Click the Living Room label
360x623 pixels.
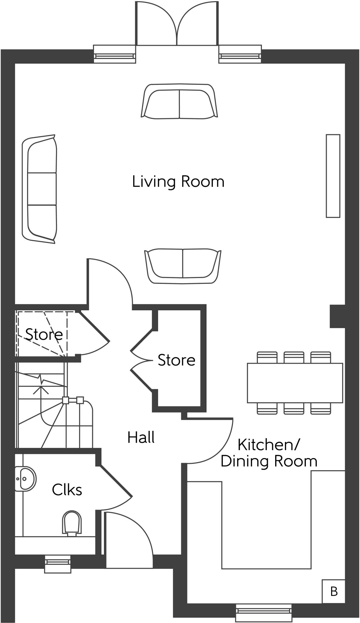(x=178, y=182)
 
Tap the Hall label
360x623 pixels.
(x=141, y=437)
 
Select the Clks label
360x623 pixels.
(x=67, y=490)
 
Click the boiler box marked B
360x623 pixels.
(x=334, y=592)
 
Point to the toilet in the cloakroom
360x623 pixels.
(x=72, y=522)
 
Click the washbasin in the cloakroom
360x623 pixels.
(x=25, y=479)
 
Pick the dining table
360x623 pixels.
(x=295, y=383)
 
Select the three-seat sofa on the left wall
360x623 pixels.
(x=40, y=189)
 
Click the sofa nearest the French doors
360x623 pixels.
(x=179, y=101)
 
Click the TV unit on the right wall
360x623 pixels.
(x=333, y=176)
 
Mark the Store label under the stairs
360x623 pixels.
(x=44, y=334)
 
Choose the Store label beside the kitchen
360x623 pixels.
(x=176, y=360)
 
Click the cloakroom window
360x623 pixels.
(x=57, y=564)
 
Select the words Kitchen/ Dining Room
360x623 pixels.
(x=269, y=453)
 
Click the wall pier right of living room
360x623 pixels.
(x=337, y=316)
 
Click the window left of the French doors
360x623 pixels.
(x=115, y=54)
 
